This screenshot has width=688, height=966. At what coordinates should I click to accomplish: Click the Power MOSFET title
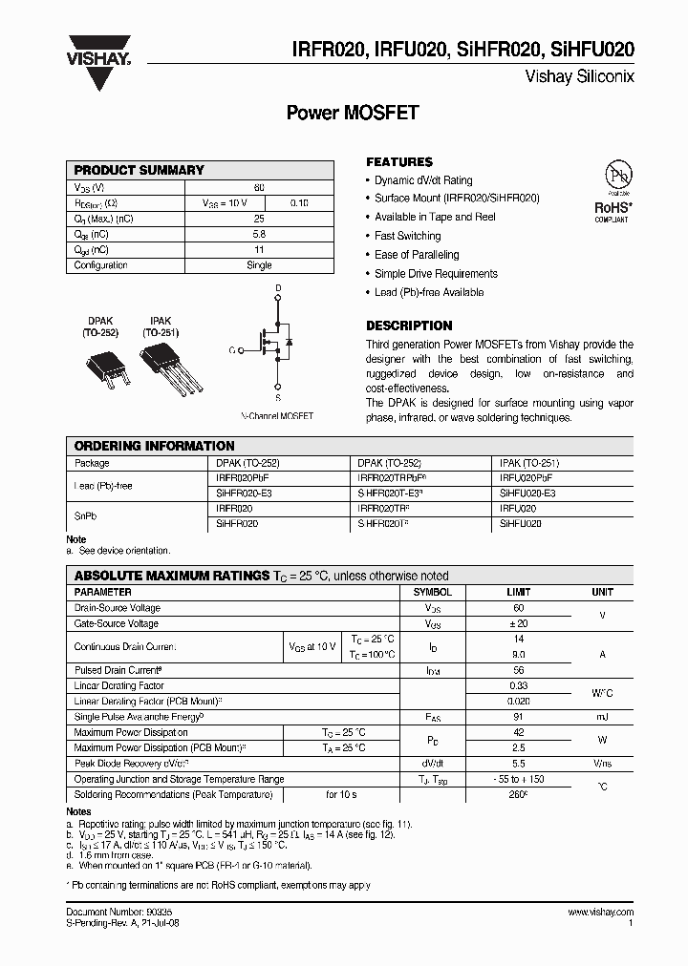click(353, 113)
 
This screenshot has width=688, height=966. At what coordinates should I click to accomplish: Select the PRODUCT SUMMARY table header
click(140, 170)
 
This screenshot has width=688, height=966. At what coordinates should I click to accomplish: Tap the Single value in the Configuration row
click(259, 265)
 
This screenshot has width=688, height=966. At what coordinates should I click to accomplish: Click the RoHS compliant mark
click(613, 210)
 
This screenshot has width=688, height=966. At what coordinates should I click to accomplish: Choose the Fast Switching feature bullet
click(407, 236)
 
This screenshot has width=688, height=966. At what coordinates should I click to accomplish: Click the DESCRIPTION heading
click(409, 325)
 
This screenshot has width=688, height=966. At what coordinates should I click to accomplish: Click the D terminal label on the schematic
click(278, 287)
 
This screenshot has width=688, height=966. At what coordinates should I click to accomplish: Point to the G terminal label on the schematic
click(232, 350)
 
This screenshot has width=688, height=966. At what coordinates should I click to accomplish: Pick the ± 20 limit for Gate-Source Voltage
click(519, 623)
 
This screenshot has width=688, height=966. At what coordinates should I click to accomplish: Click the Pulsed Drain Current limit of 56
click(519, 670)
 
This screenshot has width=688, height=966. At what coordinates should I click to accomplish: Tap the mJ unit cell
click(602, 717)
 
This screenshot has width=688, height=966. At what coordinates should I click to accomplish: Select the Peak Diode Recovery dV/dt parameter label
click(132, 764)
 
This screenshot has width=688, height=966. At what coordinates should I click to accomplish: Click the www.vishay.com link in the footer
click(600, 913)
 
